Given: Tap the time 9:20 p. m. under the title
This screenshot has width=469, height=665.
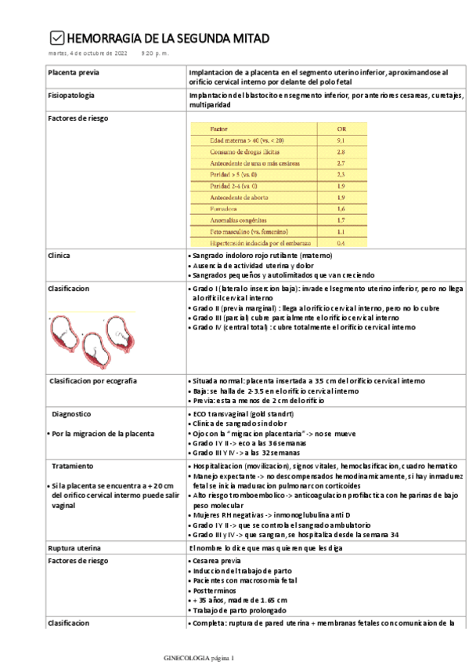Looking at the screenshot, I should tap(154, 53).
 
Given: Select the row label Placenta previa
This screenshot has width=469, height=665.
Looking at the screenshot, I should tap(73, 72).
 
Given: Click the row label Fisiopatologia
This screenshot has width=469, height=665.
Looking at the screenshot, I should tap(71, 95).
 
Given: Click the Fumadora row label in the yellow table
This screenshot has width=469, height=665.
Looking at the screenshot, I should tap(223, 209).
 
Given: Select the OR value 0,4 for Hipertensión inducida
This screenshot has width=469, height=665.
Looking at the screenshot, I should tap(341, 244).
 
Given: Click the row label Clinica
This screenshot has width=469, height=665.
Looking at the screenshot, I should tap(59, 256).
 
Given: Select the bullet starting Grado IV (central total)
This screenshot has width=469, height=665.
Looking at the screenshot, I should tap(302, 327).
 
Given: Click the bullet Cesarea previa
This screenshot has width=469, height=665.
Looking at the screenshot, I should tap(217, 562).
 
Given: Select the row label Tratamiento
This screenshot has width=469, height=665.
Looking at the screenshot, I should tap(72, 466).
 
